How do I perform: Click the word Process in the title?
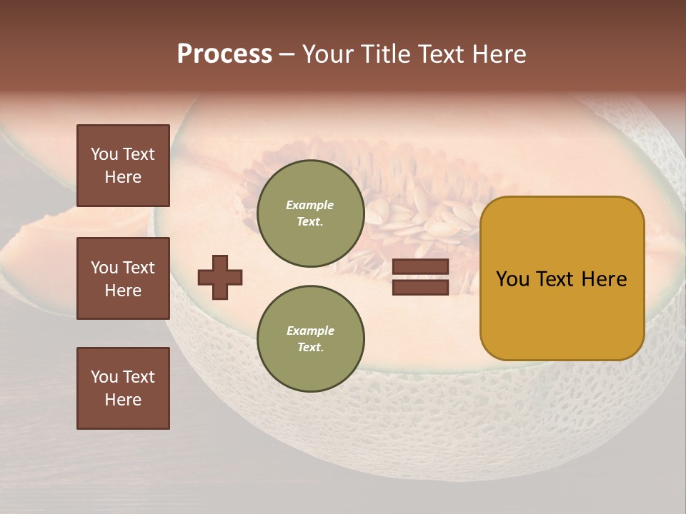point(224,54)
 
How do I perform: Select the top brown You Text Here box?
point(123,166)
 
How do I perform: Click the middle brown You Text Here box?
point(123,278)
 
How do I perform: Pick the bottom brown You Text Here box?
point(123,388)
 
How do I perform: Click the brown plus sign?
point(220,277)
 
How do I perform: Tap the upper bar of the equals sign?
point(421,266)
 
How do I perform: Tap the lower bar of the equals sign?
point(421,287)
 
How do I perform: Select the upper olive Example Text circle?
point(310,213)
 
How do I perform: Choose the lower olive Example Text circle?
point(310,339)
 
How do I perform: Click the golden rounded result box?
point(562,278)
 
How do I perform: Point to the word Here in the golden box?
point(604,279)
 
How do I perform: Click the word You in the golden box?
point(512,279)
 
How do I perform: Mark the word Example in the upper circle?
point(310,205)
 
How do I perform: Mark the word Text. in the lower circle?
point(310,348)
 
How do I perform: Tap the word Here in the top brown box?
point(123,177)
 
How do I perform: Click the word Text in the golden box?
point(556,279)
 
